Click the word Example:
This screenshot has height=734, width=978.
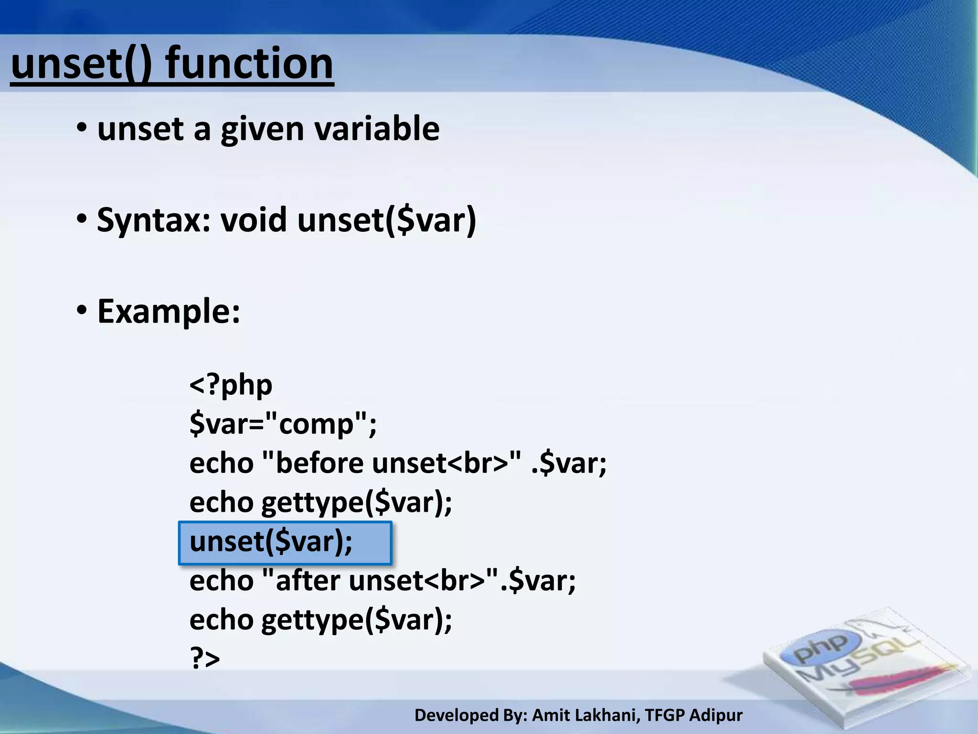tap(169, 312)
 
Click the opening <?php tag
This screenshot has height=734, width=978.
tap(231, 385)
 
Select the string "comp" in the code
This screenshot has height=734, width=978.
tap(316, 423)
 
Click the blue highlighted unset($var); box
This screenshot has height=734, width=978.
tap(285, 543)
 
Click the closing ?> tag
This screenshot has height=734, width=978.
tap(205, 658)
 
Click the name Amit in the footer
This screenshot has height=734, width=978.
tap(549, 715)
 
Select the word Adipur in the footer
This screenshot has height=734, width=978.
tap(716, 715)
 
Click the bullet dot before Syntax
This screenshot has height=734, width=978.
tap(82, 219)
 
